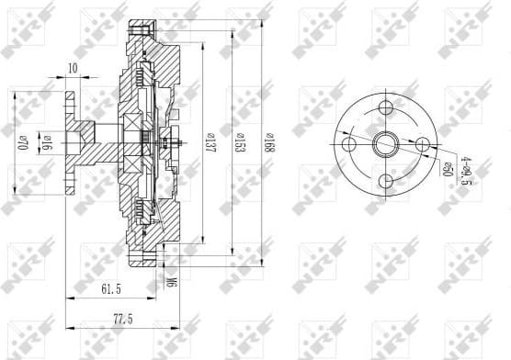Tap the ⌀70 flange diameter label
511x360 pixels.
click(x=22, y=144)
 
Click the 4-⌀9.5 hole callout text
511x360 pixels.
click(x=466, y=171)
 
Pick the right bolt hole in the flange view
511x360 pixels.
click(x=419, y=143)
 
